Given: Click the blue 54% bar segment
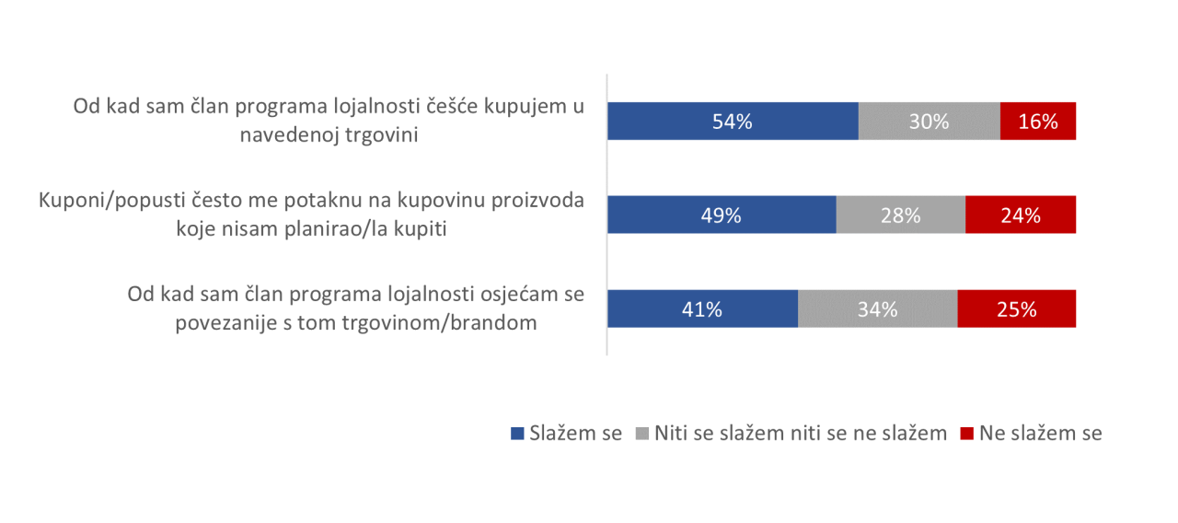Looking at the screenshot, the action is click(733, 121).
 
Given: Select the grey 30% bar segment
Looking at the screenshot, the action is click(930, 121).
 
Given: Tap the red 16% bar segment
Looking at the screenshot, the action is click(1038, 121).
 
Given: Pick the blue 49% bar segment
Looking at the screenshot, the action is click(722, 215).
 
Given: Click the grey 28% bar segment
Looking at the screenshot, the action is click(901, 215).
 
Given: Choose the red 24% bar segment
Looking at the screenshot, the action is click(1021, 215).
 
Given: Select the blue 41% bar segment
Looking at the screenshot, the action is click(703, 308).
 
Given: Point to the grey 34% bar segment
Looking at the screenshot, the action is click(878, 308).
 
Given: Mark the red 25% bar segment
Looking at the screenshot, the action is click(1017, 308).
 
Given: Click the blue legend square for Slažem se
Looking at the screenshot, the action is click(517, 434).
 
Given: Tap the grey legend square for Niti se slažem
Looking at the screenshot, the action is click(642, 434).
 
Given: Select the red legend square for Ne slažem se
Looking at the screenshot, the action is click(966, 434).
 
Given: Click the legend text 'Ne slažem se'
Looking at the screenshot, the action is click(1041, 433).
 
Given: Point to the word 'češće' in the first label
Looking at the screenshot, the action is click(452, 106).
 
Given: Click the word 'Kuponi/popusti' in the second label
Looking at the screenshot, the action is click(112, 201).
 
